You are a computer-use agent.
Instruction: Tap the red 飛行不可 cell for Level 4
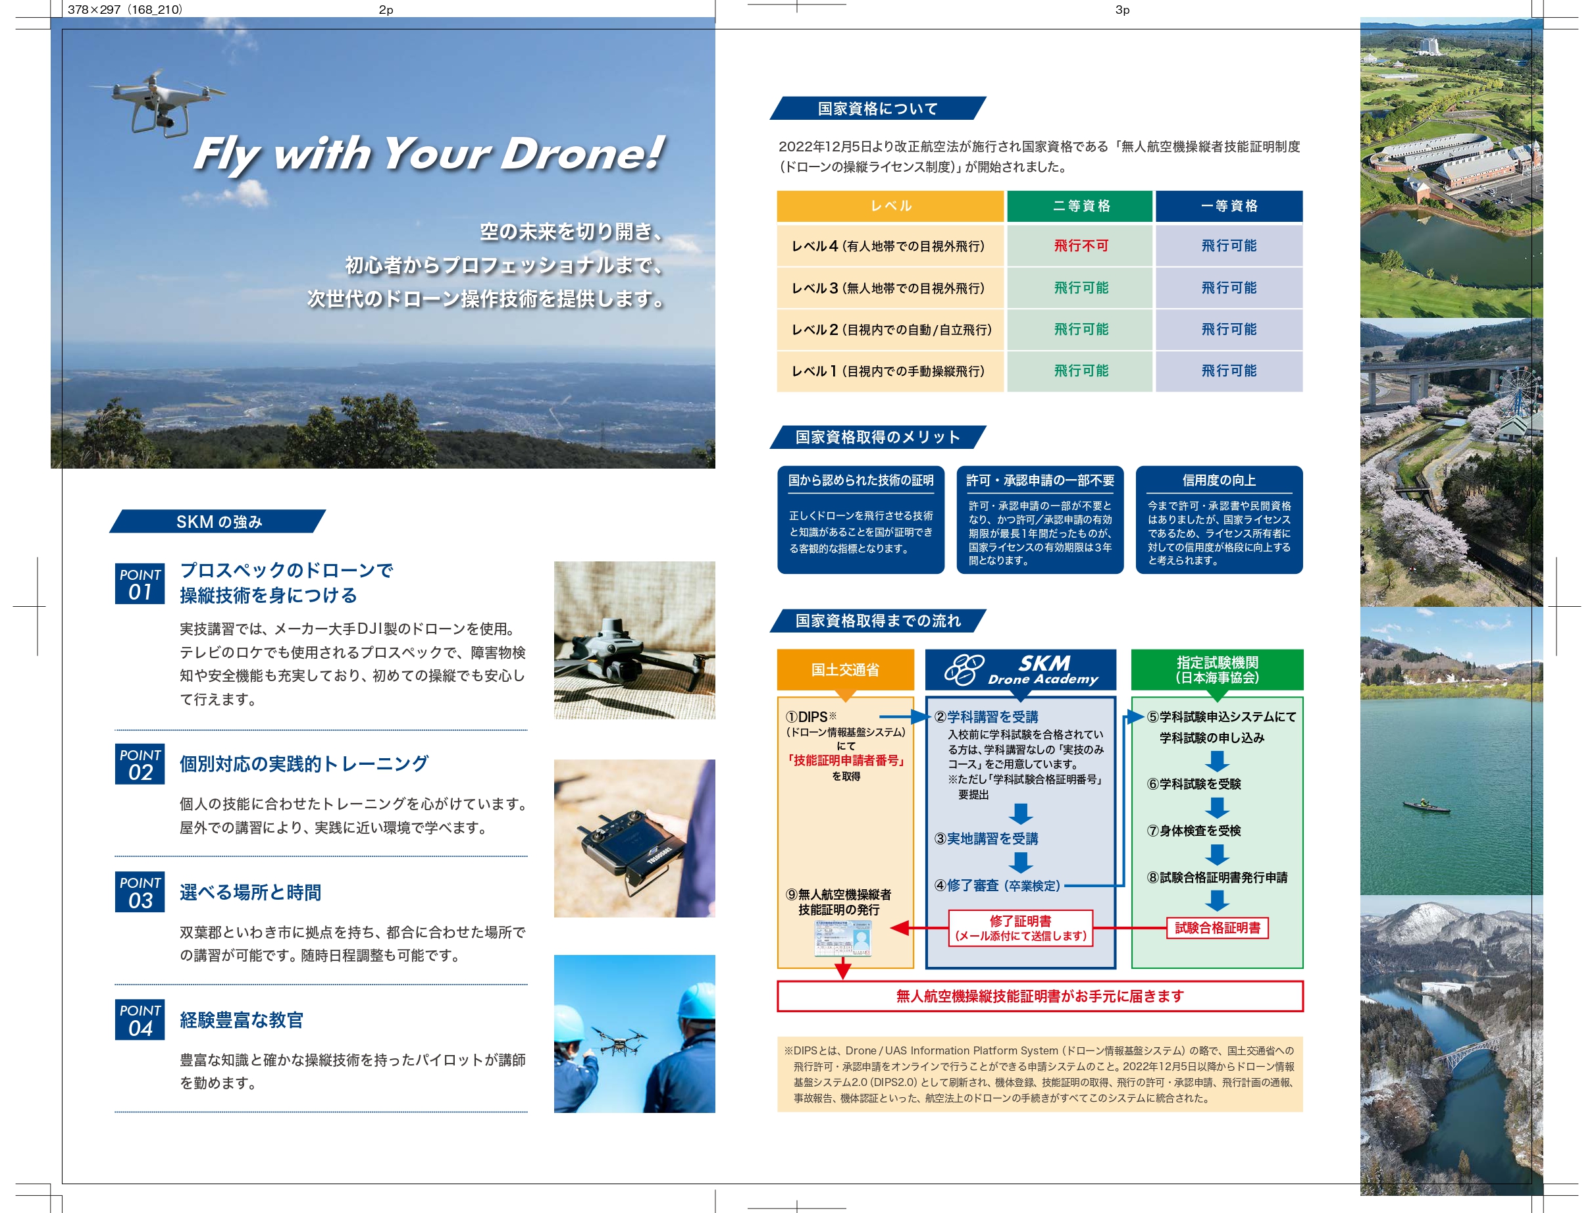(x=1080, y=245)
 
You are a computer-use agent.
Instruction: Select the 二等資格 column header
(x=1080, y=206)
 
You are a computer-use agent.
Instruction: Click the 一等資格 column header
(x=1229, y=206)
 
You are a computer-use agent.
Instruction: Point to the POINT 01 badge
(x=140, y=583)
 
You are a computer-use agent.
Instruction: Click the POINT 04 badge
(x=140, y=1019)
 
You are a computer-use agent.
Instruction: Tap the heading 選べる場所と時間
(x=251, y=892)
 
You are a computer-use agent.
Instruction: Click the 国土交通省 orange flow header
(x=845, y=670)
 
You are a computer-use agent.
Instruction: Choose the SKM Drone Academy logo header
(x=1021, y=670)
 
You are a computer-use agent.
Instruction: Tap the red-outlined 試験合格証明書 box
(x=1217, y=928)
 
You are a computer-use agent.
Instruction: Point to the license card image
(x=842, y=938)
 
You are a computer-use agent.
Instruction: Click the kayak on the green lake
(x=1425, y=805)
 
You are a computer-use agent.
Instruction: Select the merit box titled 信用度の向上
(x=1219, y=520)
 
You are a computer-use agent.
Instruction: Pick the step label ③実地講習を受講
(x=986, y=839)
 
